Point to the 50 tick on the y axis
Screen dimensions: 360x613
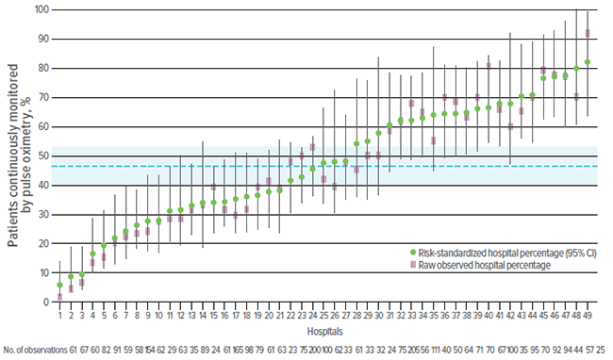[x=42, y=155]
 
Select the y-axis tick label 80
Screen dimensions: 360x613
[x=42, y=68]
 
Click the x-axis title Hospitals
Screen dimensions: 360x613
[x=323, y=331]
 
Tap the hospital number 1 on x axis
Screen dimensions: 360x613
[x=59, y=315]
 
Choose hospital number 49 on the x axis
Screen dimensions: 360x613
[x=588, y=315]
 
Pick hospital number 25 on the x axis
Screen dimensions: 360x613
[x=323, y=315]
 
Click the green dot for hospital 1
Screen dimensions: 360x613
[x=59, y=285]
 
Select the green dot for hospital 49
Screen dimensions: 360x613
[x=588, y=62]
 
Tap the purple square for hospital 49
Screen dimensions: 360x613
[x=588, y=33]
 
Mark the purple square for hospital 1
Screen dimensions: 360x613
[x=59, y=296]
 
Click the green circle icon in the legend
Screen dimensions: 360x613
[x=413, y=253]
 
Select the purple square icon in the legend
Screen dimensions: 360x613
[x=413, y=266]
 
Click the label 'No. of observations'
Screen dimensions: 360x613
[x=34, y=349]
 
